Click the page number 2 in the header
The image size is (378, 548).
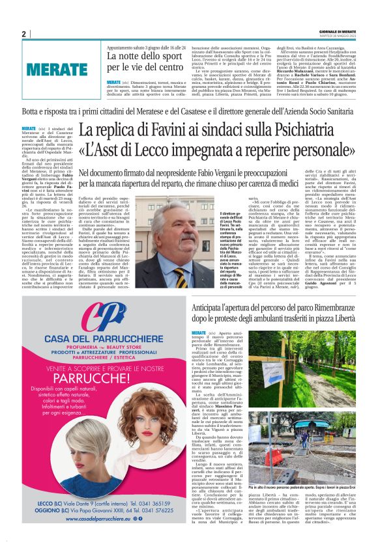point(23,34)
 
